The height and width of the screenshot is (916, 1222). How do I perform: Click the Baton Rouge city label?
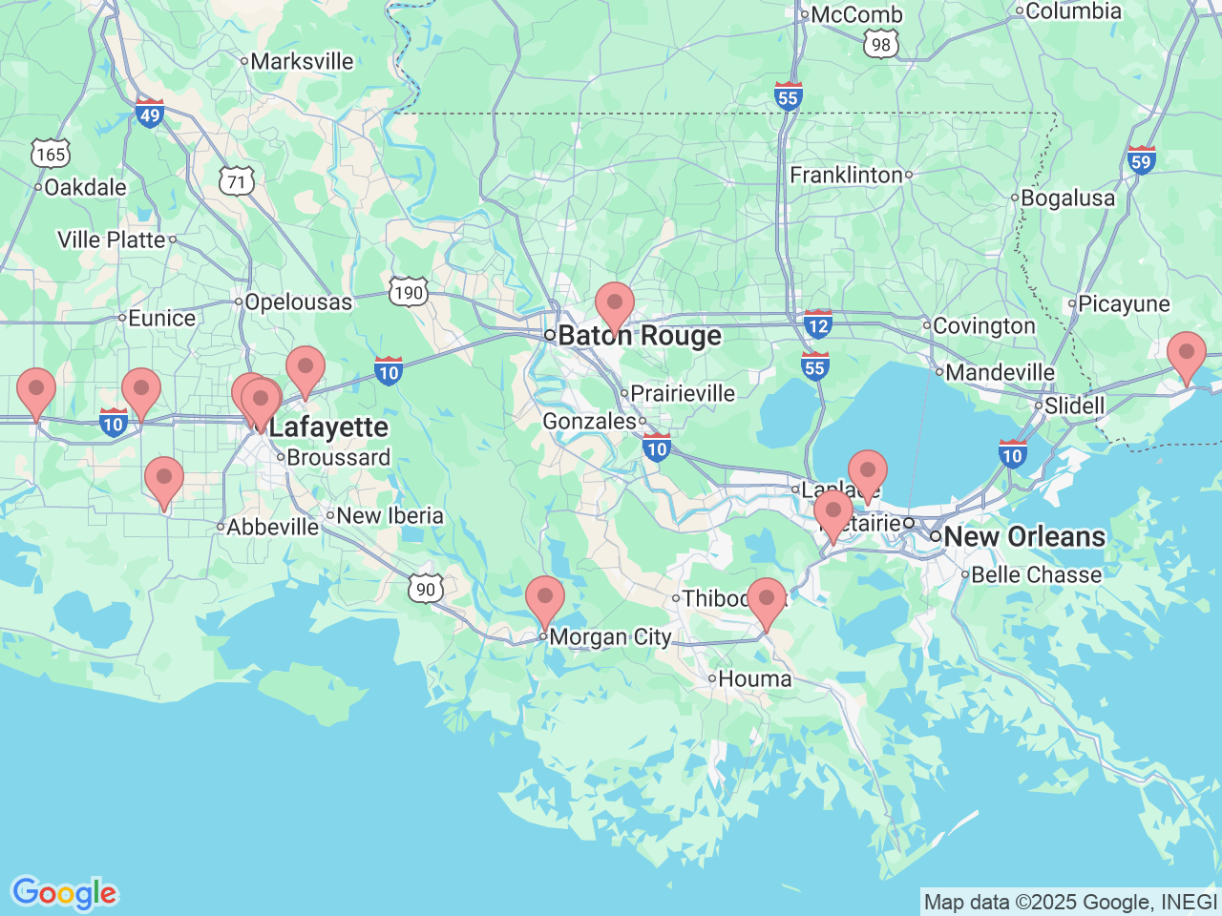(x=639, y=336)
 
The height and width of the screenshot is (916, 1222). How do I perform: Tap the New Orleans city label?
(x=1023, y=536)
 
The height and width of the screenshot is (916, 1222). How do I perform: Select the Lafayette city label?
(x=327, y=427)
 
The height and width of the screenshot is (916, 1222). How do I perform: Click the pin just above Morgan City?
(x=545, y=598)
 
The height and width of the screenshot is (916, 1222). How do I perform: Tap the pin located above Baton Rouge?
(x=615, y=304)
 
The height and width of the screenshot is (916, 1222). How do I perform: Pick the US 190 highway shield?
(x=409, y=292)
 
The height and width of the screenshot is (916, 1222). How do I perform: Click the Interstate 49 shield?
(x=150, y=114)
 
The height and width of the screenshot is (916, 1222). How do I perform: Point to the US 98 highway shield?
(x=880, y=44)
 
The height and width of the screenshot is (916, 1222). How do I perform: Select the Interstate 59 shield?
(x=1141, y=160)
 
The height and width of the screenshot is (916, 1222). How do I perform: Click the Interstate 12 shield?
(x=818, y=324)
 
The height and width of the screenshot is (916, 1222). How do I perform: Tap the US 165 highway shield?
(x=50, y=154)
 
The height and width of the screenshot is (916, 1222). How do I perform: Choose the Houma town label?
(x=754, y=679)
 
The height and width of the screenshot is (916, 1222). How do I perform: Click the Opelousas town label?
(x=298, y=302)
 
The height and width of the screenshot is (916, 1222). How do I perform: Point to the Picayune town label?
(x=1123, y=304)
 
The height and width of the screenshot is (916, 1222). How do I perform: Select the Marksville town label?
(x=302, y=62)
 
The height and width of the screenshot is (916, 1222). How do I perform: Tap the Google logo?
(x=64, y=894)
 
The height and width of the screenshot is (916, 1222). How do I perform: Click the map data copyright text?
(x=1070, y=902)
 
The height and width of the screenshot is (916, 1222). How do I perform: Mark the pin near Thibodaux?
(x=767, y=600)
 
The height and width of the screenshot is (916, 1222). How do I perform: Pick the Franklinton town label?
(x=846, y=176)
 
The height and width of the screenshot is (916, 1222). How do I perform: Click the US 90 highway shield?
(x=426, y=589)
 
